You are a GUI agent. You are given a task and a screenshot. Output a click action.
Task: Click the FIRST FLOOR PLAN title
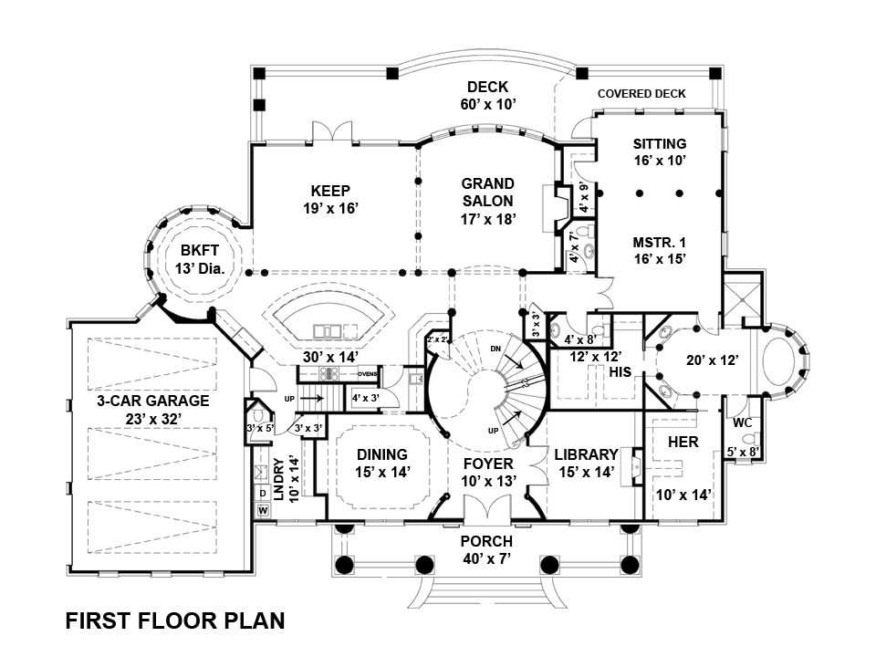[175, 621]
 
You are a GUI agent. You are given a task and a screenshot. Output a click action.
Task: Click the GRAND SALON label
[487, 193]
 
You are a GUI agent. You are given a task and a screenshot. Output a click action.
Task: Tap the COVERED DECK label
[641, 94]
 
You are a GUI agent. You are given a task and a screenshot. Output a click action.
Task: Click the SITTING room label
[659, 144]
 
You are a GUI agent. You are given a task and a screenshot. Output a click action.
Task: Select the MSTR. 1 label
[659, 243]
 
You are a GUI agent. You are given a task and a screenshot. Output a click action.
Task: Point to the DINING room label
[381, 454]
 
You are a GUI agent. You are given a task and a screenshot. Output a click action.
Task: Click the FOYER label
[488, 464]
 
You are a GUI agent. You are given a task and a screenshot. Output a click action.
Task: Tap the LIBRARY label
[586, 454]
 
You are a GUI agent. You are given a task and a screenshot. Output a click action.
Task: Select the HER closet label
[683, 442]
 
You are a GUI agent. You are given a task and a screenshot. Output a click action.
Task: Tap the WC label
[742, 423]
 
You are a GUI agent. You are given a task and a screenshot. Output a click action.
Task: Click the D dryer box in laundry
[263, 494]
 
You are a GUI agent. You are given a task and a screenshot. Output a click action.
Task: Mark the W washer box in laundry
[263, 510]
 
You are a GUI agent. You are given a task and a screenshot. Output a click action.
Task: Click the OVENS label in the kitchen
[368, 374]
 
